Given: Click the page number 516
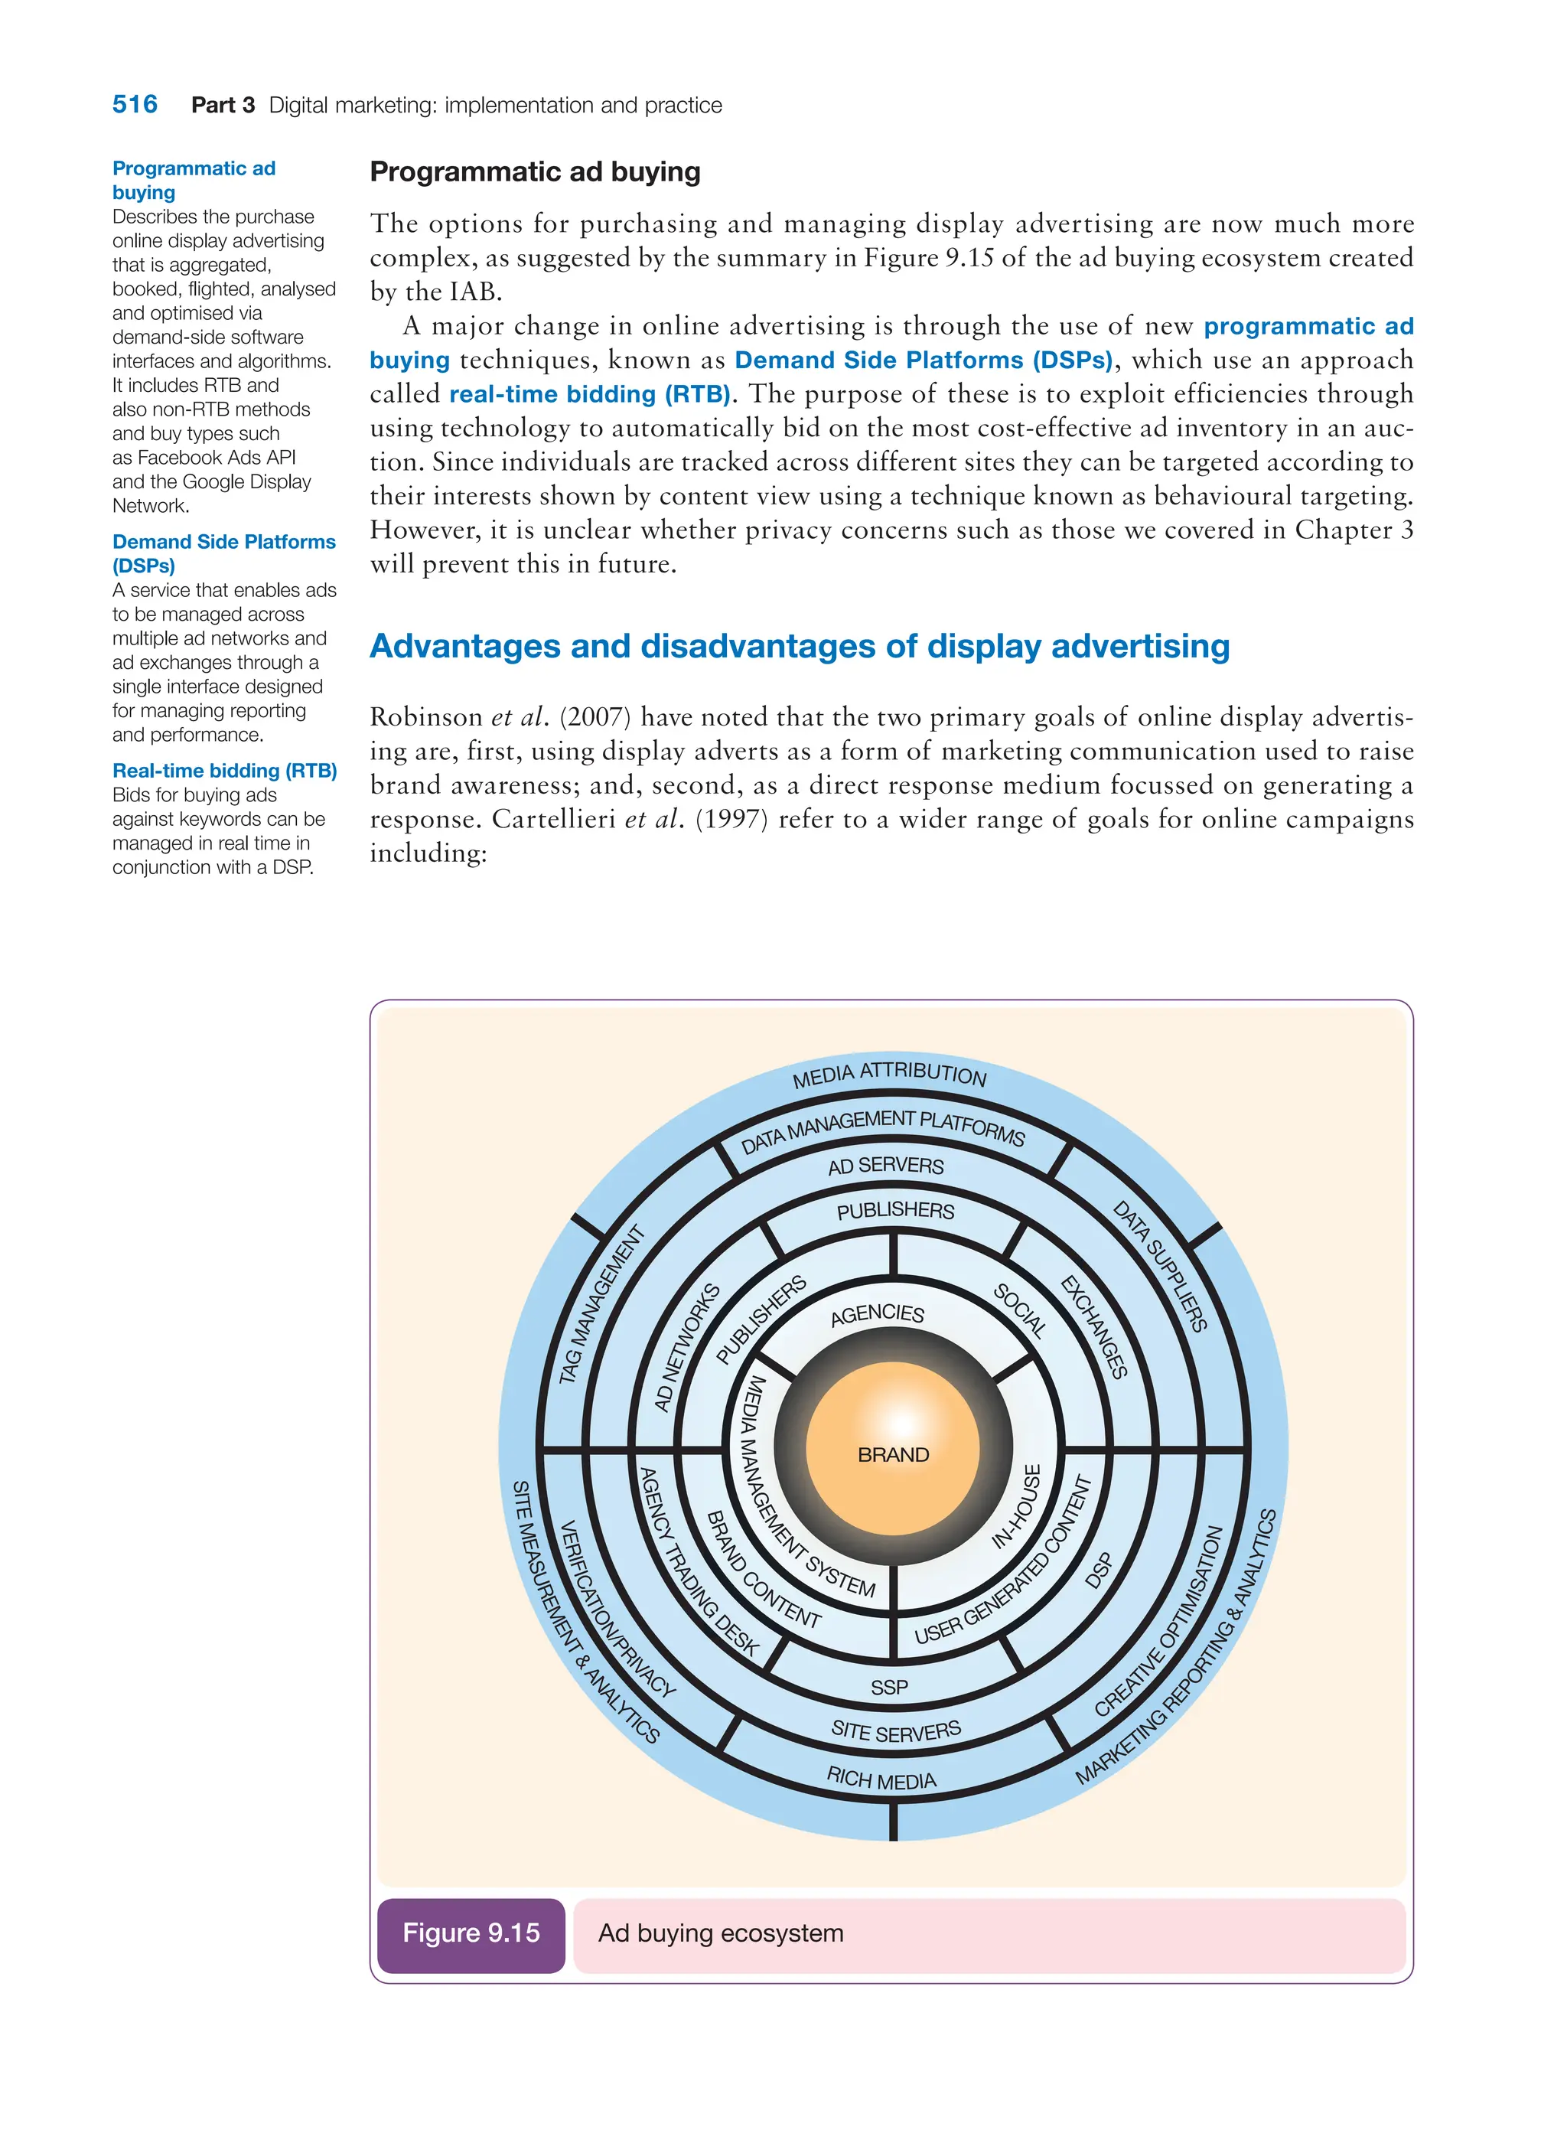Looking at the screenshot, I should [x=135, y=104].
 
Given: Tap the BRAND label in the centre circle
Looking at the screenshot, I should [x=893, y=1454].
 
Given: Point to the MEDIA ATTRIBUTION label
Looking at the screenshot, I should [x=890, y=1074].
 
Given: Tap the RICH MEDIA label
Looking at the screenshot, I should [x=881, y=1778].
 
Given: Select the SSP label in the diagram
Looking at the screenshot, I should [x=889, y=1687].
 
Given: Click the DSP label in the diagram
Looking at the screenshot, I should [x=1099, y=1571].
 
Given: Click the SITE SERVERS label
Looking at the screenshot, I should [x=895, y=1730].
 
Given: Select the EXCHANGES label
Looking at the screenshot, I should [x=1093, y=1327].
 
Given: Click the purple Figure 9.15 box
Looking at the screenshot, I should [x=471, y=1933].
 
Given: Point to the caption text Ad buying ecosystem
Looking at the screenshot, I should [x=720, y=1933].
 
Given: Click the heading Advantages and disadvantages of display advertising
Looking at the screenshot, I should [x=799, y=646].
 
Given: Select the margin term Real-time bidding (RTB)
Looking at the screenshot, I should [x=225, y=771].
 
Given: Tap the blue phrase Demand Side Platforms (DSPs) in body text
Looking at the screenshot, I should [x=923, y=360].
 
